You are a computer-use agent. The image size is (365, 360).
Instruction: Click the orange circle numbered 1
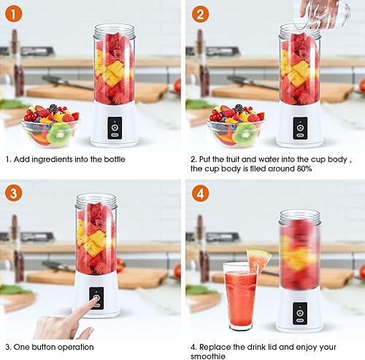pos(13,14)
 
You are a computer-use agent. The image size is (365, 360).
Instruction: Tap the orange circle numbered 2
pos(200,14)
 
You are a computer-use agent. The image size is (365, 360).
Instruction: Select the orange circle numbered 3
pos(13,194)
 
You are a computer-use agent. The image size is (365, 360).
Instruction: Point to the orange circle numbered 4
pos(200,194)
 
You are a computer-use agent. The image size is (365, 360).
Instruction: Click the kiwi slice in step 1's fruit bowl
pos(59,134)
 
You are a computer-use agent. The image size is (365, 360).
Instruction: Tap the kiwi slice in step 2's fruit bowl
pos(245,134)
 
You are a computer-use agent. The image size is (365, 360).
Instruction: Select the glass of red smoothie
pos(240,296)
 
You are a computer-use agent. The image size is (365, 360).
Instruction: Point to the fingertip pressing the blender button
pos(96,299)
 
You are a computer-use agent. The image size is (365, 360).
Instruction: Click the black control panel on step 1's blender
pos(115,128)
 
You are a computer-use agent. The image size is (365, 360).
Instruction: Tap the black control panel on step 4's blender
pos(300,313)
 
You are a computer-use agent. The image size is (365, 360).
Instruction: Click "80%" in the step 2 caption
pos(304,169)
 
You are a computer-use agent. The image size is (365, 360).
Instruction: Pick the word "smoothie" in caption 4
pos(208,356)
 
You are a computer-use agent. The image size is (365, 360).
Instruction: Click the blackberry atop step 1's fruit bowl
pos(53,108)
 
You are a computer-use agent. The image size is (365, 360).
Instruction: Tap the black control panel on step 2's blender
pos(300,128)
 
